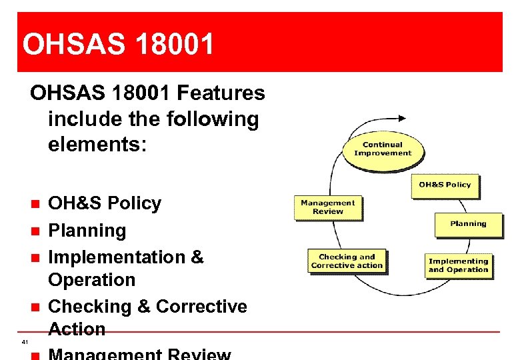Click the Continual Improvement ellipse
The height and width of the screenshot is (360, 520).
click(x=382, y=149)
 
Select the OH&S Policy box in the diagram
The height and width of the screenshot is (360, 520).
click(x=445, y=185)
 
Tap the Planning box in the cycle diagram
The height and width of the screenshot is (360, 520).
click(x=468, y=225)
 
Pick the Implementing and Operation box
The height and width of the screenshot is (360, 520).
click(x=458, y=265)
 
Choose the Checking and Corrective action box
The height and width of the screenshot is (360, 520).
click(x=347, y=261)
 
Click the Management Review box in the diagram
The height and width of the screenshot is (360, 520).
click(x=328, y=207)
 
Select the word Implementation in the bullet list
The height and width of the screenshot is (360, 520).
click(x=117, y=257)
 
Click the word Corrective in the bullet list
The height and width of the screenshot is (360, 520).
click(x=201, y=307)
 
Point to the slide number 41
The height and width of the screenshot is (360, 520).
click(x=25, y=342)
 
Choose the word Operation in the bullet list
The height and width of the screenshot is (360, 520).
click(x=91, y=280)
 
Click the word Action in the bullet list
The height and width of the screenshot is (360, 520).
click(x=77, y=329)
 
